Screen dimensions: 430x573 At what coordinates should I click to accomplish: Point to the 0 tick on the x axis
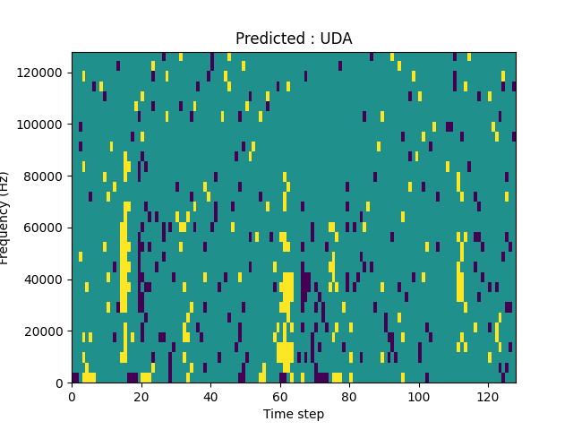[x=72, y=397]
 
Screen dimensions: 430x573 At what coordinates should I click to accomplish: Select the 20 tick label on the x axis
[x=141, y=397]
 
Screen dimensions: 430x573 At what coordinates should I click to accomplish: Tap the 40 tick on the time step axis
[x=210, y=397]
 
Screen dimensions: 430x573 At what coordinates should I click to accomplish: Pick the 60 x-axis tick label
[x=279, y=397]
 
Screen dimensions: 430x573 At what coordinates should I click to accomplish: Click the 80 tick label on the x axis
[x=349, y=397]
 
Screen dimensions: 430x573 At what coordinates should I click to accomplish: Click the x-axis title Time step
[x=294, y=414]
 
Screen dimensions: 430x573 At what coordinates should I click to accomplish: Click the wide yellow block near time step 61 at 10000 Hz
[x=285, y=351]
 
